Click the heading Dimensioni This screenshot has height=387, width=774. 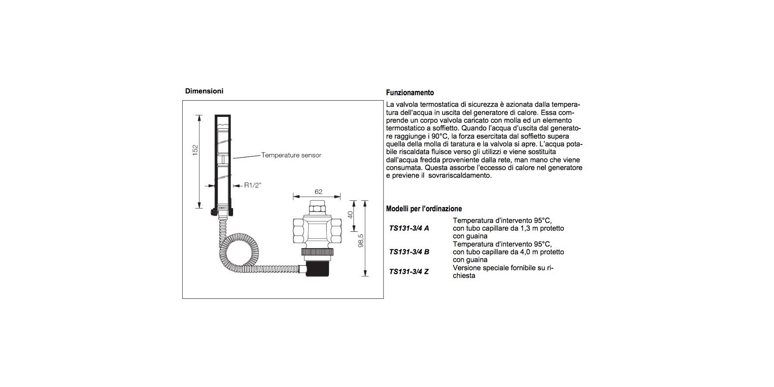pos(204,91)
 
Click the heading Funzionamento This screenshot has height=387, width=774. pos(410,92)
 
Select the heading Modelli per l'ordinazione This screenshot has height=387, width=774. pos(424,209)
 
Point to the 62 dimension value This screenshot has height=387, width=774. pos(318,192)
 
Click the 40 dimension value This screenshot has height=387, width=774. pos(350,215)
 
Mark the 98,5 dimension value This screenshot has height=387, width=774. pos(361,240)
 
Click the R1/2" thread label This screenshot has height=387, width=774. pos(253,185)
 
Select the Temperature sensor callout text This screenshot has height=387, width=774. pos(291,155)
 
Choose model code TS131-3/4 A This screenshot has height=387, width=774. pos(409,228)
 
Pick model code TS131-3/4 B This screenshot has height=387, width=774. pos(409,252)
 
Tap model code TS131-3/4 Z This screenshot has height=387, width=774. pos(408,272)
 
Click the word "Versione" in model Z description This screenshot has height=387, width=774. pos(468,268)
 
